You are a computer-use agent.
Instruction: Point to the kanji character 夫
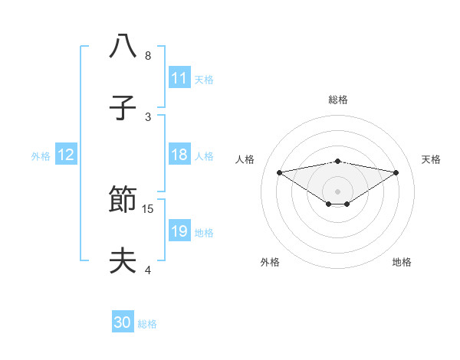click(123, 260)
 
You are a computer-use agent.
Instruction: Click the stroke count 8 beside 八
click(148, 56)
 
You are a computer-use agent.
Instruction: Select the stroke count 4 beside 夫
click(148, 270)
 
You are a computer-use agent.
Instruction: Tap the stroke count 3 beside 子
click(148, 116)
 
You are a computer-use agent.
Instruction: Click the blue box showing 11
click(179, 78)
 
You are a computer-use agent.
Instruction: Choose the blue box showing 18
click(179, 155)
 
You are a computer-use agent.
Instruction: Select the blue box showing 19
click(179, 231)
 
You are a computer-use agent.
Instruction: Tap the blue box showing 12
click(66, 155)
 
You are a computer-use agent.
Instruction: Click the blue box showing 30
click(123, 322)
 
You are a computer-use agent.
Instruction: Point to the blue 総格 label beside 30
click(147, 324)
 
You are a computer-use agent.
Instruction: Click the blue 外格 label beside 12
click(41, 156)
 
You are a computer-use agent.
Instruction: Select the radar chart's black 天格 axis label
click(431, 159)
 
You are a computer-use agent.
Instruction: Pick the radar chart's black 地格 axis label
click(402, 262)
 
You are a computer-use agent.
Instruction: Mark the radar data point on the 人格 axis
click(279, 172)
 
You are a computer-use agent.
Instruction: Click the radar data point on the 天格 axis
click(396, 172)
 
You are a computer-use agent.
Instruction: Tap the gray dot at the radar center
click(337, 191)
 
